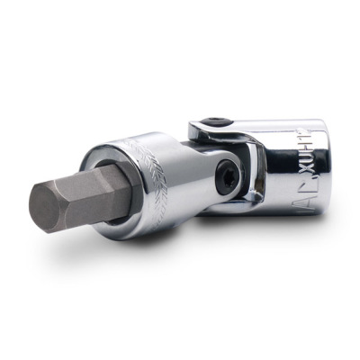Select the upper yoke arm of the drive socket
tap(207, 130)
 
